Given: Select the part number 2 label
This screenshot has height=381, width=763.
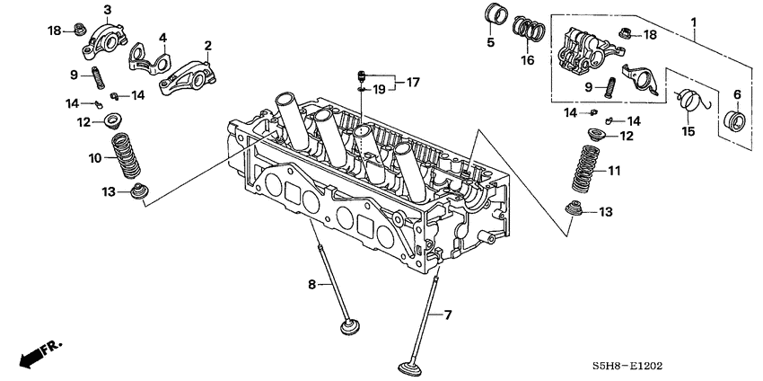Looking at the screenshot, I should point(208,45).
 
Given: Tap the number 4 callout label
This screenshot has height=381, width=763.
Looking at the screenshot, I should point(163,38).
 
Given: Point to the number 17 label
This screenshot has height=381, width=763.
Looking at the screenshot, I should point(412,82).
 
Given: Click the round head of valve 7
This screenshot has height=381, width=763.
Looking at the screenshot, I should point(415,368).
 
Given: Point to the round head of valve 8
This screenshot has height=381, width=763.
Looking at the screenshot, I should point(351,326).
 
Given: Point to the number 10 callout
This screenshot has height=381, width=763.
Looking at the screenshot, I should point(95,158).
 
